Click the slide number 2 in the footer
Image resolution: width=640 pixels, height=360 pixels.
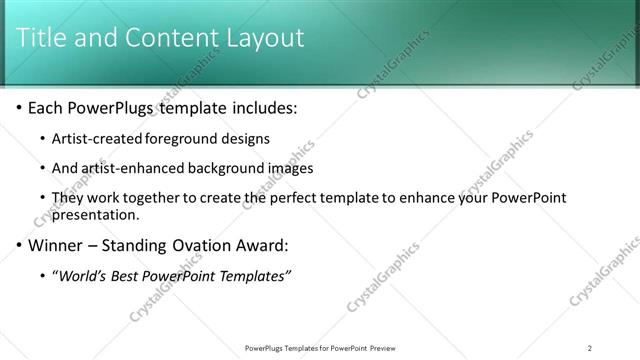[590, 348]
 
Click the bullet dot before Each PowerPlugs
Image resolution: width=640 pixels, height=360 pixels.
[19, 107]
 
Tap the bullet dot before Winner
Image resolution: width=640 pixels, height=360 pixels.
[19, 245]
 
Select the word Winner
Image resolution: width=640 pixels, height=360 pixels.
[56, 245]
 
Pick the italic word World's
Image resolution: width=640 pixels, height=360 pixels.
[82, 276]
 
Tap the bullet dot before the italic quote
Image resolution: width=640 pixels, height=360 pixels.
[41, 276]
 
